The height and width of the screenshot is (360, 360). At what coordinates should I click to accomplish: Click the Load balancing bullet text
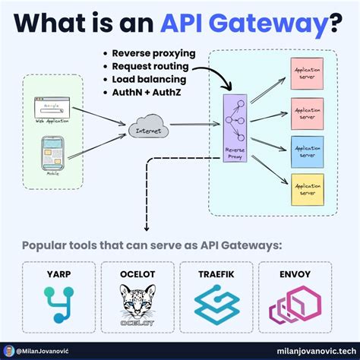tap(142, 78)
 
